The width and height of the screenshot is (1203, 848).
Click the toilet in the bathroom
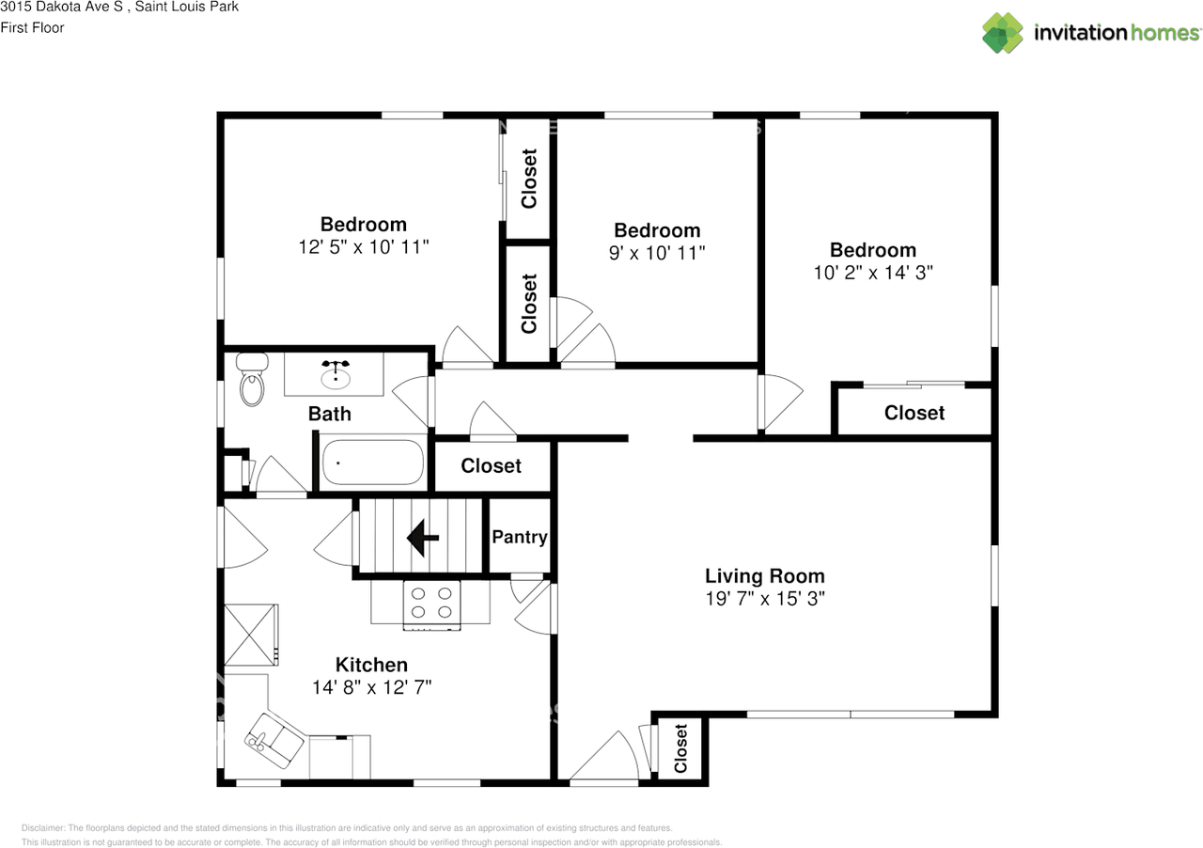coord(252,380)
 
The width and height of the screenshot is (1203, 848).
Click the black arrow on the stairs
coord(423,537)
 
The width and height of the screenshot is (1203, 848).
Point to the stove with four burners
coord(431,605)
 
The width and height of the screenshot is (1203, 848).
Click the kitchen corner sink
coord(273,741)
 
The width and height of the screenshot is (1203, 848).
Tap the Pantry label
coord(520,537)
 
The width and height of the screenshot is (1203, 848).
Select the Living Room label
coord(765,575)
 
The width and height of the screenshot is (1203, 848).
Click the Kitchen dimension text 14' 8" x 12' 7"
coord(371,687)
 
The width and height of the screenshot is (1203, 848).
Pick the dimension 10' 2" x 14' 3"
coord(873,273)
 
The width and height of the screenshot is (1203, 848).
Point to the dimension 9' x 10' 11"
coord(657,253)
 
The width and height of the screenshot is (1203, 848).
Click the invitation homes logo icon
coord(1002,33)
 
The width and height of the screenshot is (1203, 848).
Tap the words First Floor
coord(32,27)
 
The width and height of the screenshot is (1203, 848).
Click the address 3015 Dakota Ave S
coord(62,7)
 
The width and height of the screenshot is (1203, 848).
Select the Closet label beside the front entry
coord(680,748)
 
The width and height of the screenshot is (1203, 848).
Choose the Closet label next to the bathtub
coord(491,465)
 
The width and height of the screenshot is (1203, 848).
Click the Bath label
coord(329,414)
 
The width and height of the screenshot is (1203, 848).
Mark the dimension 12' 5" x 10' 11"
coord(364,246)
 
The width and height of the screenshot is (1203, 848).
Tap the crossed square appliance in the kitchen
coord(251,635)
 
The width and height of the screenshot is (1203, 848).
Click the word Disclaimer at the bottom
coord(43,827)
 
